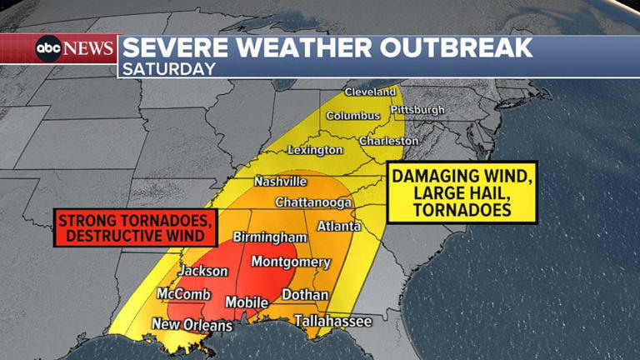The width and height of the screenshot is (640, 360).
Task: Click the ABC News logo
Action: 73,48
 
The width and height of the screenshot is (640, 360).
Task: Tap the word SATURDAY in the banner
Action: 168,69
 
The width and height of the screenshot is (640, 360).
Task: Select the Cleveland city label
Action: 371,91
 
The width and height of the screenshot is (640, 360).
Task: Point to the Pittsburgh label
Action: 417,109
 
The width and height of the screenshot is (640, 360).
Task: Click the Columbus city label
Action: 352,116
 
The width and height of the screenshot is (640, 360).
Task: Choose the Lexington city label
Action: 315,150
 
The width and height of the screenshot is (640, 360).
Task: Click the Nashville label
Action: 280,181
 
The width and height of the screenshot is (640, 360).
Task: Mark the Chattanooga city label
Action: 313,202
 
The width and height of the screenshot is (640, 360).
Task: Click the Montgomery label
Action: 291,262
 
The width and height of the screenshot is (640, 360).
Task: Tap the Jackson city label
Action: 202,271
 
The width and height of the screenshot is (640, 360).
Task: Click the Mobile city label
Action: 247,302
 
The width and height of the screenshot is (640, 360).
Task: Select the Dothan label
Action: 305,295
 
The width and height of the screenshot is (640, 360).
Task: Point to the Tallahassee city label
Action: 332,320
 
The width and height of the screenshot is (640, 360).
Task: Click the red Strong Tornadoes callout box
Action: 136,227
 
